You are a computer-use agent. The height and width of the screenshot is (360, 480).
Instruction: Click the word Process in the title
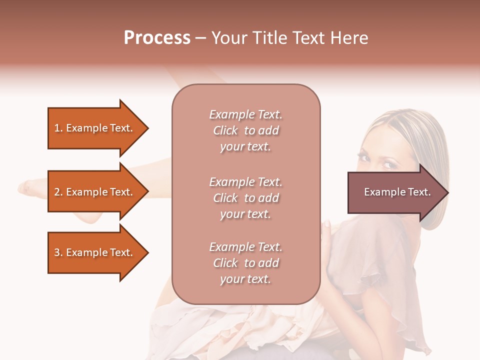point(157,38)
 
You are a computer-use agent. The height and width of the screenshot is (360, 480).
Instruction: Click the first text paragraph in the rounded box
point(245,130)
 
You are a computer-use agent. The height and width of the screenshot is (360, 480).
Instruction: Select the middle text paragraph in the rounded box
point(245,198)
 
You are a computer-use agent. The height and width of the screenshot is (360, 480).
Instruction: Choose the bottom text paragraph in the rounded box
point(245,263)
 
